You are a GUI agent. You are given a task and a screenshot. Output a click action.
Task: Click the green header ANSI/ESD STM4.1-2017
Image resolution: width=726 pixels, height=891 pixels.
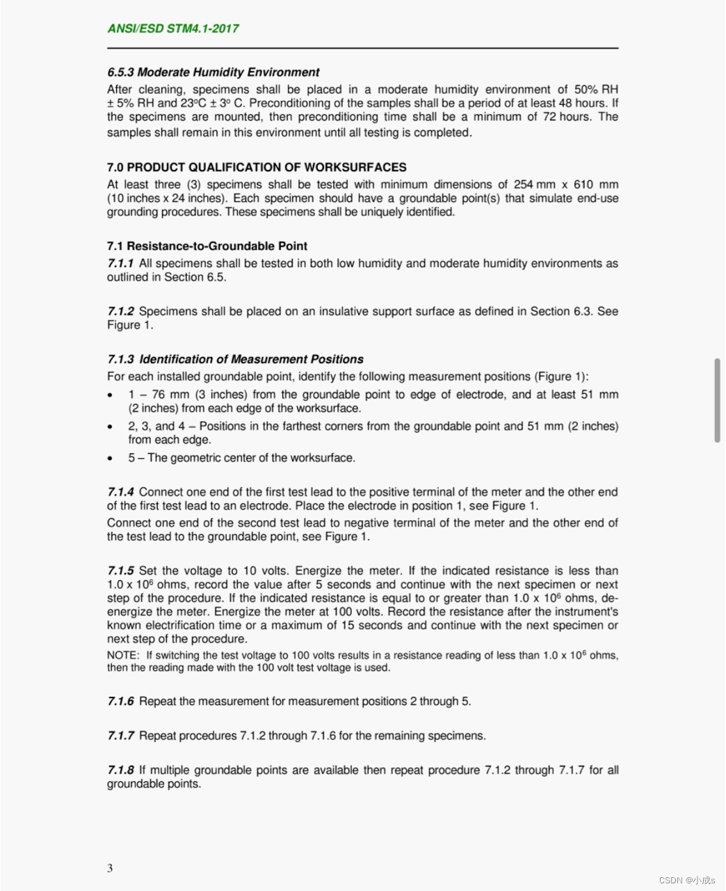tap(173, 29)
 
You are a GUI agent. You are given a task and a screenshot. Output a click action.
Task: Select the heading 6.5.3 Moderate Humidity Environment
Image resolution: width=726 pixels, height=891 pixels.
tap(213, 72)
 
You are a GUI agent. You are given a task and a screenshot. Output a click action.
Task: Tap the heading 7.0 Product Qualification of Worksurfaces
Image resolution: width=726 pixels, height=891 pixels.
tap(257, 167)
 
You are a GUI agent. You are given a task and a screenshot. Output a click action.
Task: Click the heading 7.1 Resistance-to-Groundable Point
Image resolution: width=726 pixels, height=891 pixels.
tap(207, 246)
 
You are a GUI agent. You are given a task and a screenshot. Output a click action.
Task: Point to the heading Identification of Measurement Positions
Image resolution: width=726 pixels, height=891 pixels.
tap(251, 359)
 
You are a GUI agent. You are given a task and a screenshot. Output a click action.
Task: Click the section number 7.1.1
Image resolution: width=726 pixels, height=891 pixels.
tap(120, 263)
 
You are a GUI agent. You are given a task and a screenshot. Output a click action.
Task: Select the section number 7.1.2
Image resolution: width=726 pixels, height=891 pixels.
tap(120, 311)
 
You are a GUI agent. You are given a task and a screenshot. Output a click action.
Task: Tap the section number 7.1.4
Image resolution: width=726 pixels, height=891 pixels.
tap(120, 492)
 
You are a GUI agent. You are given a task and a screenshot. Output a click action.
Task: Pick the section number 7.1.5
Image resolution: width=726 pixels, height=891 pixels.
tap(120, 571)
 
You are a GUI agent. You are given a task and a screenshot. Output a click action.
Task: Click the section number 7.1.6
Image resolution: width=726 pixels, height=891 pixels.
tap(120, 702)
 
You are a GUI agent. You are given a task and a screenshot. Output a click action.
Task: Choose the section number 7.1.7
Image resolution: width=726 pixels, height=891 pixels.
tap(120, 736)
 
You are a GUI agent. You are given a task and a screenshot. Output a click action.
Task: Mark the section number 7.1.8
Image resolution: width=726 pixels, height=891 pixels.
tap(120, 770)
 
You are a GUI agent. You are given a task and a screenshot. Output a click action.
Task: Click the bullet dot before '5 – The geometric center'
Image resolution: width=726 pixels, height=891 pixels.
tap(110, 459)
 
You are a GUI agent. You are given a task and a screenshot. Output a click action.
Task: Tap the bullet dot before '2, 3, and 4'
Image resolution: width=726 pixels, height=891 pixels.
tap(110, 427)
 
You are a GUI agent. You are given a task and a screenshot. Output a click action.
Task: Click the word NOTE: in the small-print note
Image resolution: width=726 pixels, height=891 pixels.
tap(123, 655)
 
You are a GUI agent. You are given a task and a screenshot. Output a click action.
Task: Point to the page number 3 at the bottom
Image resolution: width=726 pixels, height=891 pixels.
tap(110, 867)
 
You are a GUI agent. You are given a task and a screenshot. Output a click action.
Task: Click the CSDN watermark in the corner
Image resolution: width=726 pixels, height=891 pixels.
tap(686, 880)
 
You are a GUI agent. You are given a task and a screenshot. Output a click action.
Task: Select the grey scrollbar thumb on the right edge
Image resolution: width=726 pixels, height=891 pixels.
tap(717, 400)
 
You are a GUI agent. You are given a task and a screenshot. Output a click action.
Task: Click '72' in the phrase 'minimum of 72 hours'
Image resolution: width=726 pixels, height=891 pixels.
tap(549, 117)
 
